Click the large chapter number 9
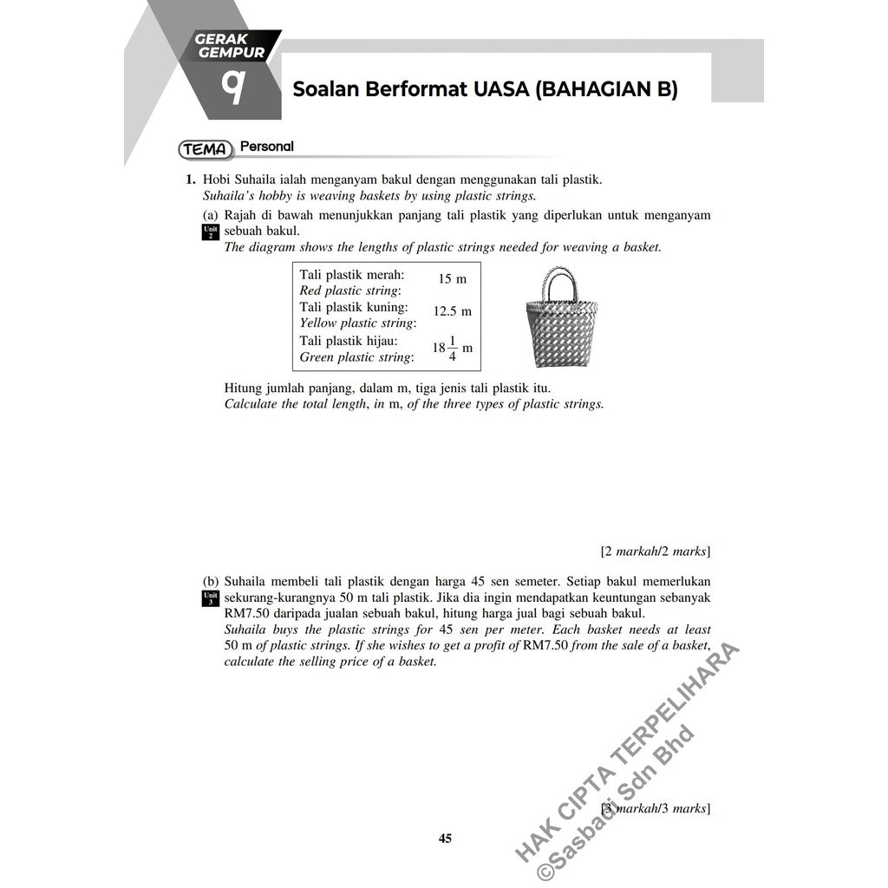click(x=232, y=87)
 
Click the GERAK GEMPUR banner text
click(x=230, y=45)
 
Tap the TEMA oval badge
click(x=206, y=149)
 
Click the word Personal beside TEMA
click(x=266, y=147)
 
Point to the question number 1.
click(x=187, y=180)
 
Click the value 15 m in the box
click(x=452, y=279)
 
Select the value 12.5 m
click(x=452, y=311)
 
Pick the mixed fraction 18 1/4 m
click(x=452, y=348)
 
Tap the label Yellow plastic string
click(x=357, y=323)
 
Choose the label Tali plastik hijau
click(x=349, y=341)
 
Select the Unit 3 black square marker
click(x=209, y=597)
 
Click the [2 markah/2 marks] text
click(x=656, y=551)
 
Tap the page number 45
click(x=445, y=839)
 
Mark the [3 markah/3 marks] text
click(x=656, y=808)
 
